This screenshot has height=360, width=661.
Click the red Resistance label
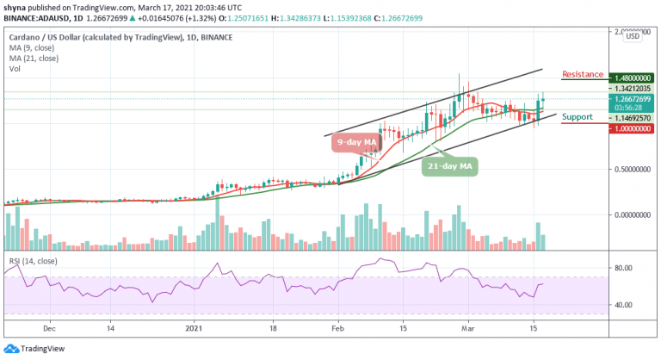[582, 75]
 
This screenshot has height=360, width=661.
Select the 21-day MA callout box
[451, 165]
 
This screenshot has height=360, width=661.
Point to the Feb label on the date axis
[338, 329]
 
